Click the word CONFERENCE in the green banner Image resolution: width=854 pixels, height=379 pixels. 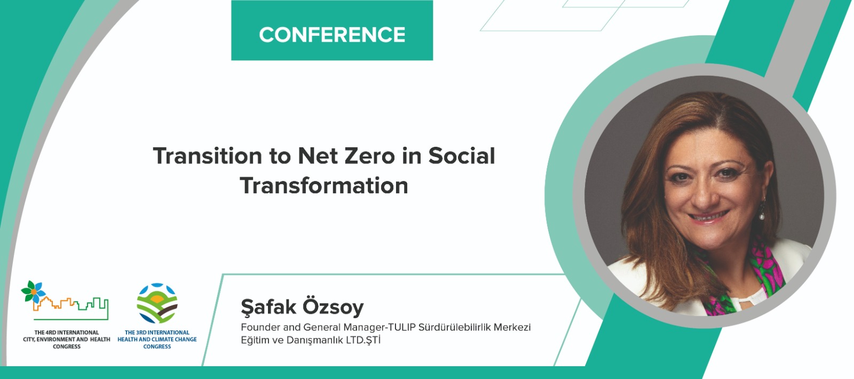(x=331, y=35)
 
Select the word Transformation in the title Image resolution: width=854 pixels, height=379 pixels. (x=324, y=186)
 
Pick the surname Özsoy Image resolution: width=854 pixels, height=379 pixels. (x=333, y=307)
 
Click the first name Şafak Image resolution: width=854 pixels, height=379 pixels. (x=268, y=307)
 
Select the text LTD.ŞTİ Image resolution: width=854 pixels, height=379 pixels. (x=363, y=339)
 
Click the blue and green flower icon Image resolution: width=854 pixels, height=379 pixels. (x=34, y=291)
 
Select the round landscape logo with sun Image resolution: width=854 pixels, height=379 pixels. (x=157, y=304)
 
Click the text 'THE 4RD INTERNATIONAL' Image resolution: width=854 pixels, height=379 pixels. (x=67, y=333)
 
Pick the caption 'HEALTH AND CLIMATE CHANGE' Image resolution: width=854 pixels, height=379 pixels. (x=157, y=339)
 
